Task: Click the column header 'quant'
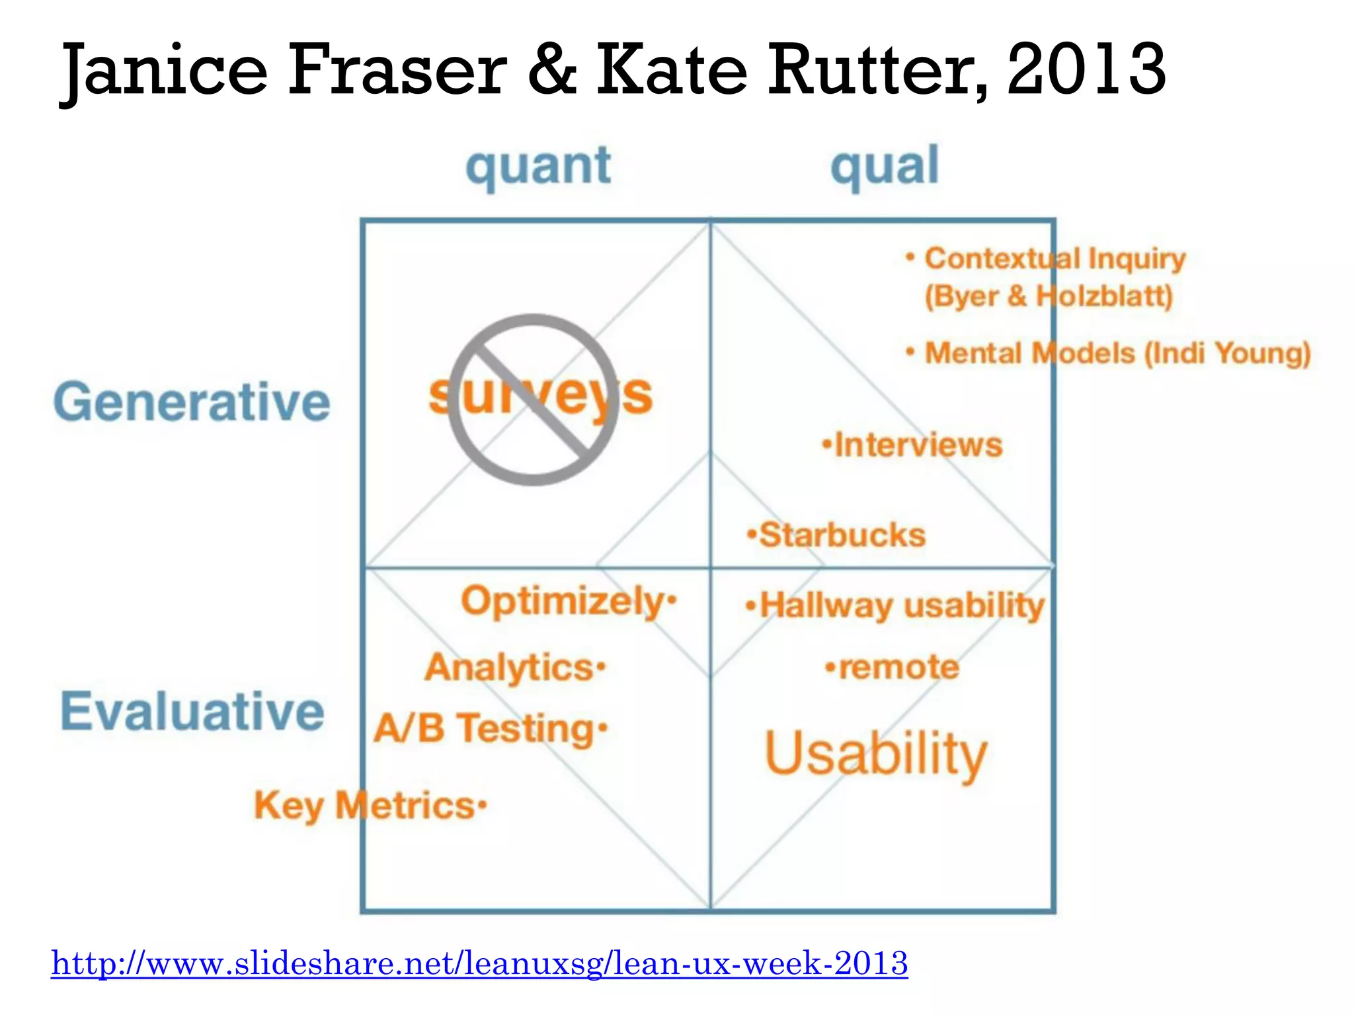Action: tap(538, 167)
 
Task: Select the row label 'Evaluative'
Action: tap(192, 711)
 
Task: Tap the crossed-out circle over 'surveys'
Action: tap(534, 400)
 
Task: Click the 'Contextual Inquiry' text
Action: tap(1055, 258)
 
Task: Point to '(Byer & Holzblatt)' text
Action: tap(1049, 296)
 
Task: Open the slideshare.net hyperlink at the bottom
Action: tap(479, 963)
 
